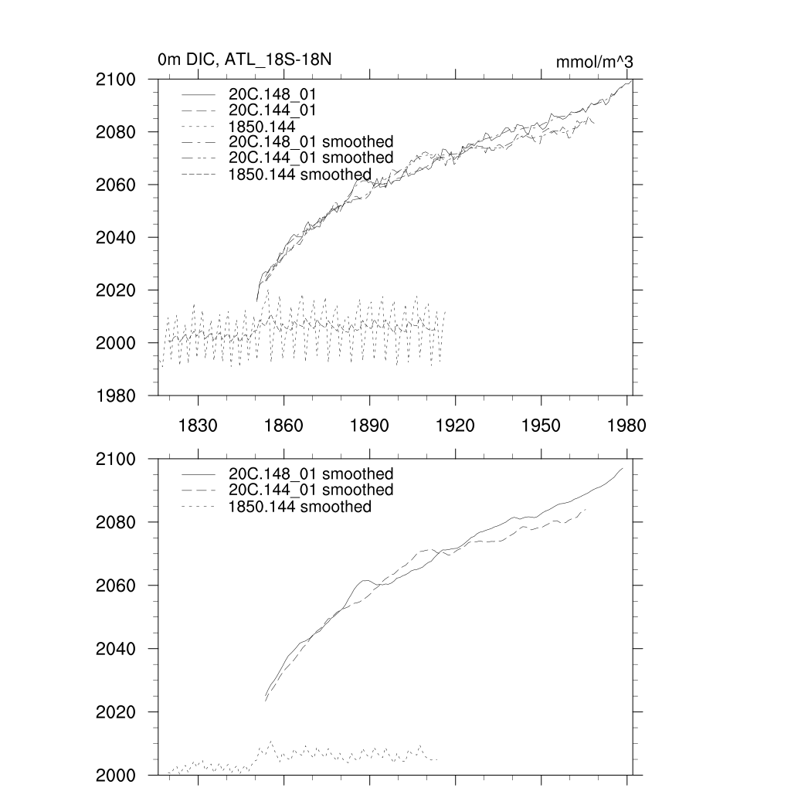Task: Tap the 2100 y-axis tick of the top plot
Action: (x=116, y=80)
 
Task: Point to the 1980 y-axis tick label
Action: (x=116, y=395)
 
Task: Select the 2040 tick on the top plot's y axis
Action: (x=116, y=237)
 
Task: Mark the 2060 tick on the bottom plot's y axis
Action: (x=116, y=586)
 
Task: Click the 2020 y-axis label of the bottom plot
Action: (x=116, y=711)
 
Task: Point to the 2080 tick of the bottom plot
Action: (x=116, y=522)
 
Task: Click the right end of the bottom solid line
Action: (x=622, y=468)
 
